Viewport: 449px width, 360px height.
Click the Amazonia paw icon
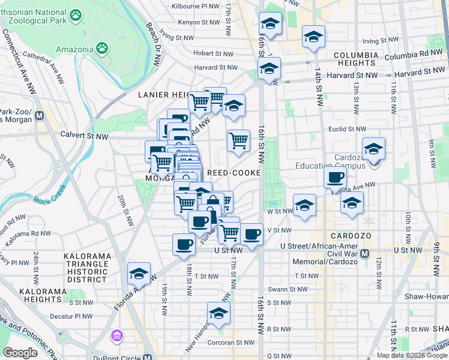point(103,46)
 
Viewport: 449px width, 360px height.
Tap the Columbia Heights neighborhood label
point(356,59)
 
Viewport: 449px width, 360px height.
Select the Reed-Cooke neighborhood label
point(234,173)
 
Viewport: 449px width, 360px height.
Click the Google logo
point(20,353)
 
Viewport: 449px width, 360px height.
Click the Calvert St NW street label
point(84,136)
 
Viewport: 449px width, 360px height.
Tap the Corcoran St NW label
point(237,343)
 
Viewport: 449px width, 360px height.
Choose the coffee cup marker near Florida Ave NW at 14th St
point(335,178)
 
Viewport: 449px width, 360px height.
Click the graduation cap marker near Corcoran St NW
point(218,314)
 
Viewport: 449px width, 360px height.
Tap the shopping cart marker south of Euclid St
point(239,141)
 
